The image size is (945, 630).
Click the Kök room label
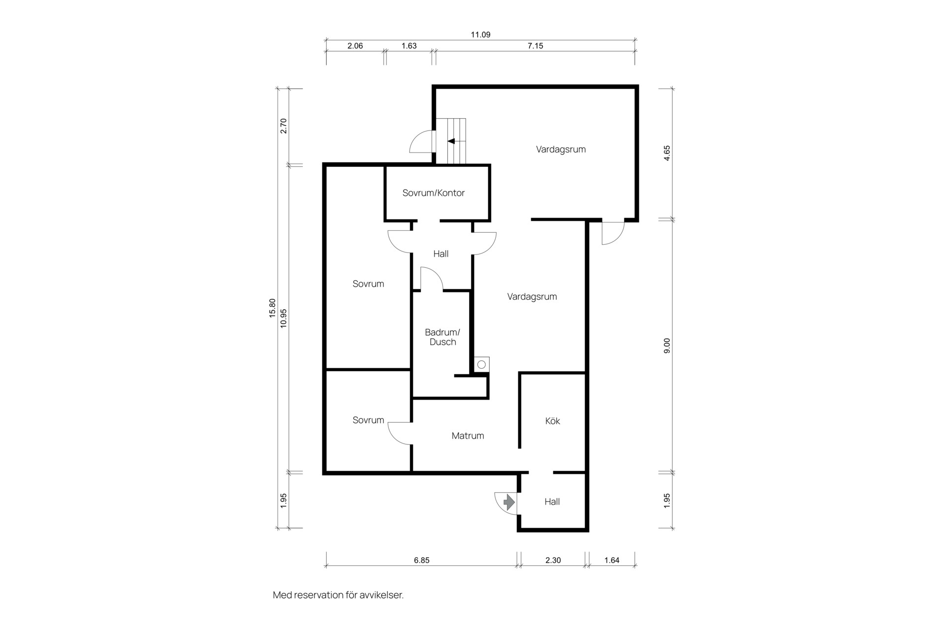click(x=552, y=421)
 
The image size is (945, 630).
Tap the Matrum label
click(x=468, y=436)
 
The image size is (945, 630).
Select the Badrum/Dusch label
click(x=442, y=337)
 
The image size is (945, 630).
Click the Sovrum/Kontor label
click(x=433, y=193)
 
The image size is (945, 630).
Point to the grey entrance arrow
click(x=509, y=502)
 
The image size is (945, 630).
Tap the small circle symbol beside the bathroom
click(x=482, y=365)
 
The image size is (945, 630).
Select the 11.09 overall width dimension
click(x=480, y=35)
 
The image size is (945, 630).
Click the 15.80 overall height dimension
click(x=272, y=308)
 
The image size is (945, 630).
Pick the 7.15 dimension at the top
click(x=535, y=46)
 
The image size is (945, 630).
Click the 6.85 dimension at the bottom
click(x=421, y=560)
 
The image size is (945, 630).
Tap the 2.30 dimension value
click(x=553, y=560)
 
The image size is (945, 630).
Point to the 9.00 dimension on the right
click(x=667, y=346)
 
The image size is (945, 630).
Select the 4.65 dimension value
click(x=667, y=153)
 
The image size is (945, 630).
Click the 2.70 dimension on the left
click(x=283, y=126)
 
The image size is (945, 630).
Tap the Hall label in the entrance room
click(x=552, y=502)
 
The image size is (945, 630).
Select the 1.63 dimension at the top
click(x=409, y=46)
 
